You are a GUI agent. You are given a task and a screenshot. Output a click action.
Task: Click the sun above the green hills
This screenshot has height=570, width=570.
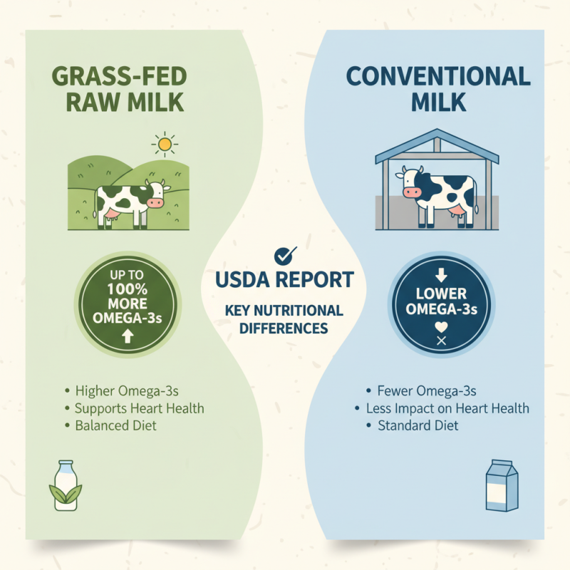[x=165, y=145]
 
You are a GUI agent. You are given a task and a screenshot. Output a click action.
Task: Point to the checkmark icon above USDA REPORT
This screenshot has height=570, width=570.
[x=286, y=255]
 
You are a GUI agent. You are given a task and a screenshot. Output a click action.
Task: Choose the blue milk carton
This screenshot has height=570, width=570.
[x=502, y=484]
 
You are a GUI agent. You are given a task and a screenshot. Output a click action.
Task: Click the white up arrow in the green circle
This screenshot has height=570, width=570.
[x=128, y=337]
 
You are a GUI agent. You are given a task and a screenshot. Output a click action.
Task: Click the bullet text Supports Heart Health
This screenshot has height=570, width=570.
[x=139, y=408]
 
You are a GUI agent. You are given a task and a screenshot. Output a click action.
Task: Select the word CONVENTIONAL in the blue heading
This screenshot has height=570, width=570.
[x=439, y=76]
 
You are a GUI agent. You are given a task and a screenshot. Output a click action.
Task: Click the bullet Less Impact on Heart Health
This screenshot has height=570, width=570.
[x=447, y=408]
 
